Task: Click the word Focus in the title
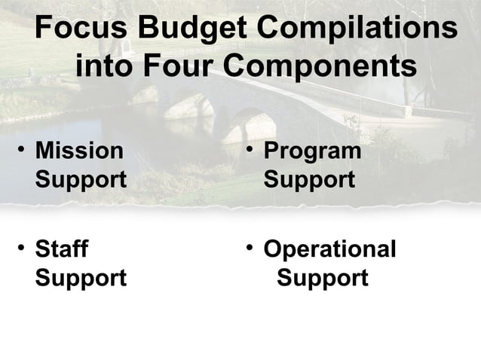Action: (x=80, y=29)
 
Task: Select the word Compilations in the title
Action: (x=357, y=30)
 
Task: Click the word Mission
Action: (x=79, y=151)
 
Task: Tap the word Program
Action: (x=312, y=151)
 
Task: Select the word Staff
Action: (x=62, y=249)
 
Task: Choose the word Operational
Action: (x=329, y=249)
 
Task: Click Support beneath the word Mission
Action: (x=81, y=180)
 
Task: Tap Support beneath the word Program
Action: (x=309, y=180)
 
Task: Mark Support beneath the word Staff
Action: (x=81, y=278)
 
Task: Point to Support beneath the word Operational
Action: (x=323, y=278)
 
